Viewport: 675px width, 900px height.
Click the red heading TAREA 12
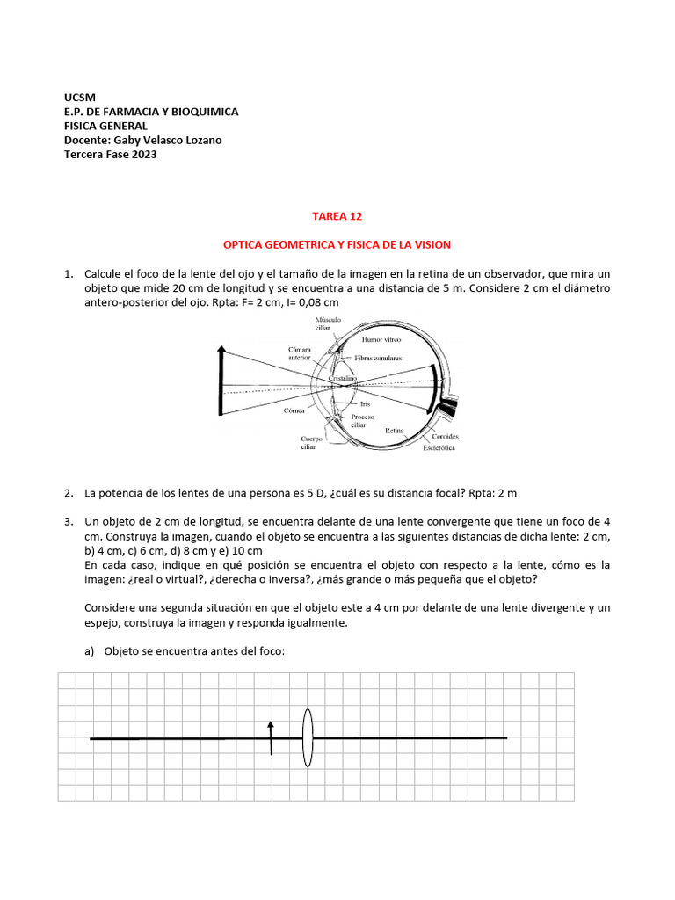click(x=337, y=215)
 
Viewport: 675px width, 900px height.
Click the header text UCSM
click(x=80, y=97)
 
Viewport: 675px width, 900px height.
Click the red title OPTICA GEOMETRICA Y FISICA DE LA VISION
click(x=337, y=244)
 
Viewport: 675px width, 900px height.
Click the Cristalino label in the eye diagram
click(x=341, y=377)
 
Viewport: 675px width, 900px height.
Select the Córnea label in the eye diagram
click(x=294, y=410)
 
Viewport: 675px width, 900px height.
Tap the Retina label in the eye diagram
click(x=394, y=430)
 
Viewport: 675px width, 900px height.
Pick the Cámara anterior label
click(x=300, y=353)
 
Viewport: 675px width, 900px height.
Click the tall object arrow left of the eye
click(x=221, y=387)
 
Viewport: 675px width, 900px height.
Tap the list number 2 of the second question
click(x=69, y=493)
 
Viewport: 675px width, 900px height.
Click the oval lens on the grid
click(x=308, y=738)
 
